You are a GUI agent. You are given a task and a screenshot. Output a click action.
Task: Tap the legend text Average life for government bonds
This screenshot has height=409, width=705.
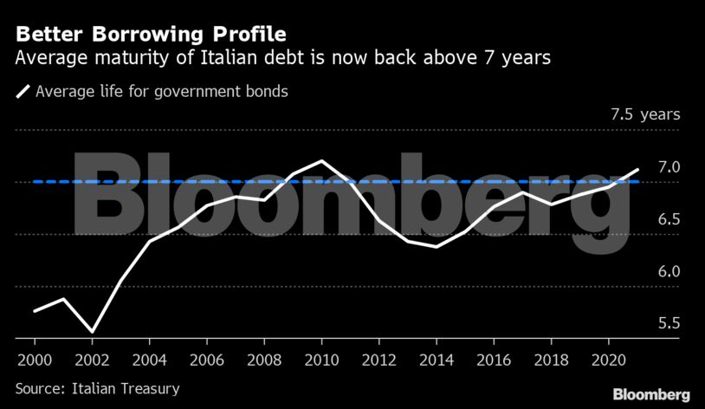[161, 90]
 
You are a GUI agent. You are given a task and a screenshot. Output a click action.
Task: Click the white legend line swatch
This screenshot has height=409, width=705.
[23, 90]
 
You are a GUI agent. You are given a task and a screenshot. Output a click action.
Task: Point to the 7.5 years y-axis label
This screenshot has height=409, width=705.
[645, 114]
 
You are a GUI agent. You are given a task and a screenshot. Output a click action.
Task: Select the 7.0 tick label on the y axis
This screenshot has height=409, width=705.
[669, 166]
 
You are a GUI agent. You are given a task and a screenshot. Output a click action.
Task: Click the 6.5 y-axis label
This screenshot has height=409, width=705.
[669, 219]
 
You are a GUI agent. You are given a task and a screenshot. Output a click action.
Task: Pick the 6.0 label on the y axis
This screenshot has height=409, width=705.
[669, 271]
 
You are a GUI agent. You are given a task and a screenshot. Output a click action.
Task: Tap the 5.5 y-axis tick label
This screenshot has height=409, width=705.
[669, 323]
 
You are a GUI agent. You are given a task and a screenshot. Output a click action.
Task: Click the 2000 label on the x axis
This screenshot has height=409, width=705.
[34, 359]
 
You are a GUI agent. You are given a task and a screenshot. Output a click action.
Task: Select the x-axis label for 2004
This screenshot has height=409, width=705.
[149, 359]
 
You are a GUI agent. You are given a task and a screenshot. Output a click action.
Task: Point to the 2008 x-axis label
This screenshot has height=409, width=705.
[264, 359]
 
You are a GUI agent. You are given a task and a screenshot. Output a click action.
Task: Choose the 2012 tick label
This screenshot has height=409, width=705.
[379, 359]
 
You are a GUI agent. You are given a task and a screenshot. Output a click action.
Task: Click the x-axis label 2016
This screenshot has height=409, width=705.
[495, 359]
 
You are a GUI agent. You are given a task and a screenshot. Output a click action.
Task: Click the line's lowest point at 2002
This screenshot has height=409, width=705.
[92, 331]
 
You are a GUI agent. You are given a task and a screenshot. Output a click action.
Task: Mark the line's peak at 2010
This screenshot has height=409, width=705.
[322, 161]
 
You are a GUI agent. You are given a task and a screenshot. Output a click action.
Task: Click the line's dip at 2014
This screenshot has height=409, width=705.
[437, 247]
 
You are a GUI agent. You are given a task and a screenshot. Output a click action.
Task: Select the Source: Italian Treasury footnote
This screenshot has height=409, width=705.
[97, 389]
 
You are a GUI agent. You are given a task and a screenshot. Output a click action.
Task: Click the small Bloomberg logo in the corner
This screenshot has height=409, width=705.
[651, 394]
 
